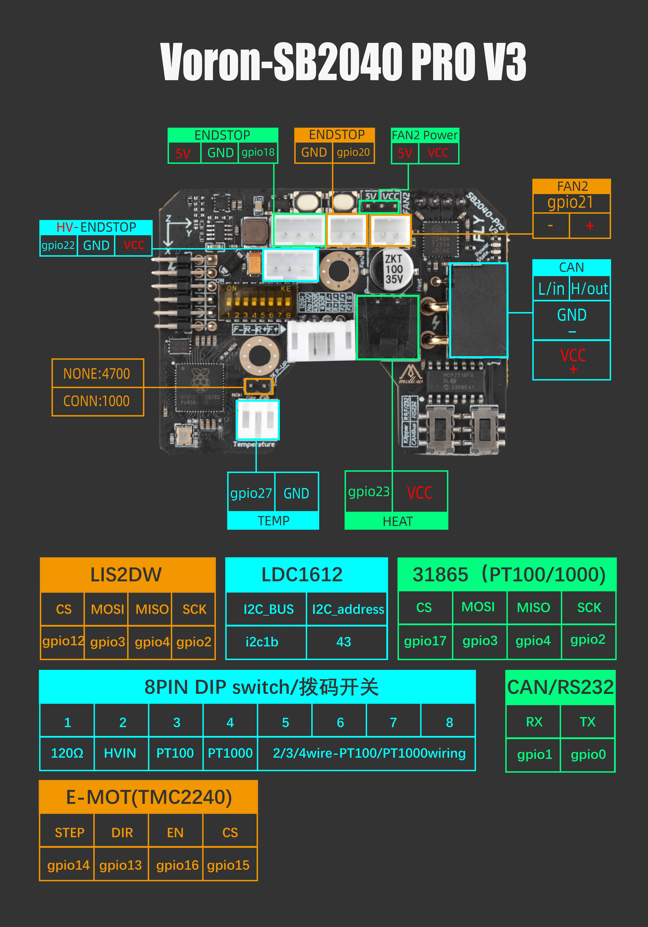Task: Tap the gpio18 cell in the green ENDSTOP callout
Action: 258,153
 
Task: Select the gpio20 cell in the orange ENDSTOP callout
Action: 353,153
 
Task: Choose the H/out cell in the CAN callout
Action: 589,289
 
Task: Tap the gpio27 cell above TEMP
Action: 251,493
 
